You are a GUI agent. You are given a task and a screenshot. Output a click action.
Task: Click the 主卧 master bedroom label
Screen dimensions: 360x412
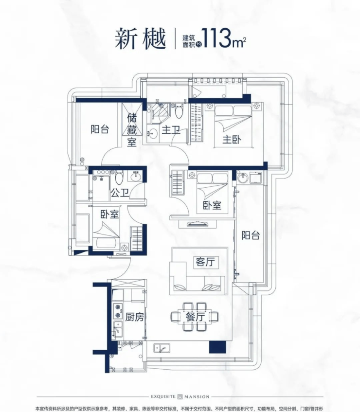pos(232,140)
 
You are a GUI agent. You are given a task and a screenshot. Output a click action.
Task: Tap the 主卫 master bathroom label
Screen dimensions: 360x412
pos(171,130)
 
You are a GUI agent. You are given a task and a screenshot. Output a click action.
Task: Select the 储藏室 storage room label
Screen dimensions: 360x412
pos(132,130)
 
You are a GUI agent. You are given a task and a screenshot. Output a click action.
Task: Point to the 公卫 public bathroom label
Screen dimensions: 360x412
pos(120,193)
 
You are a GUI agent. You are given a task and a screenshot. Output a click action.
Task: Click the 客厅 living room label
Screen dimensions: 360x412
pos(205,262)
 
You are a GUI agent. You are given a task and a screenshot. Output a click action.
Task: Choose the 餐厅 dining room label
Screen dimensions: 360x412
pos(195,317)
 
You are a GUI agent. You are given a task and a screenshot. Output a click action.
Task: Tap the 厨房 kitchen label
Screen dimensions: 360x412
pos(135,317)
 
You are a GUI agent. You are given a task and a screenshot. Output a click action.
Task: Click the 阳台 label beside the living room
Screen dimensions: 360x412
pos(251,235)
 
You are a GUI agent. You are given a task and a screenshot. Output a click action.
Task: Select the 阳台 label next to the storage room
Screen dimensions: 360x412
pos(100,129)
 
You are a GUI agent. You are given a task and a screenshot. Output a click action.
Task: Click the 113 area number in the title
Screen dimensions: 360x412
pos(217,39)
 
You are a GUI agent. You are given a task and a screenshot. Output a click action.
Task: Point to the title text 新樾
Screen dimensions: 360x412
pos(141,39)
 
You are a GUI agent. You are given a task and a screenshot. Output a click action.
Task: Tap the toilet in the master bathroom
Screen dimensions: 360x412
pos(179,110)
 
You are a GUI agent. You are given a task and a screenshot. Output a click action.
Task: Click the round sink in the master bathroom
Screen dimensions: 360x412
pos(152,133)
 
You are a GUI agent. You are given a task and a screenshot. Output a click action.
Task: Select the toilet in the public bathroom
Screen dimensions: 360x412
pos(119,178)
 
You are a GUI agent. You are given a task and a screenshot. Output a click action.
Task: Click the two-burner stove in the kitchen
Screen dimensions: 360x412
pos(118,311)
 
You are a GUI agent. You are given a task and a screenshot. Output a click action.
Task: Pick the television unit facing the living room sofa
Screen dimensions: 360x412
pos(198,224)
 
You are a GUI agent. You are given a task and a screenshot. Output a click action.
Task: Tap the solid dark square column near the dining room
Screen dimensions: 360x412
pos(217,347)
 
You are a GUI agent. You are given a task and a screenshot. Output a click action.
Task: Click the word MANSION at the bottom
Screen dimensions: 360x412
pos(197,397)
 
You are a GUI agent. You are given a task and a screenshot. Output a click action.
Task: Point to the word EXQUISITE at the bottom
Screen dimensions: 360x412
pos(163,397)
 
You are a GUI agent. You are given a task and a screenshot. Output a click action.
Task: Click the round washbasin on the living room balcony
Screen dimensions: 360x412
pos(242,178)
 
